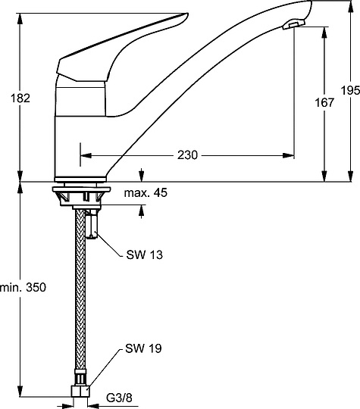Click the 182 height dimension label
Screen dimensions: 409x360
(x=20, y=98)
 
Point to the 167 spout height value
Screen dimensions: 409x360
(x=324, y=103)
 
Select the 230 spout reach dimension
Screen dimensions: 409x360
(x=187, y=155)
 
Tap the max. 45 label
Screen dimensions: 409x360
(x=146, y=193)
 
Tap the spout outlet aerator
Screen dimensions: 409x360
(x=293, y=27)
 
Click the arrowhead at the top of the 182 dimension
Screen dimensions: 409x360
(x=20, y=17)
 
